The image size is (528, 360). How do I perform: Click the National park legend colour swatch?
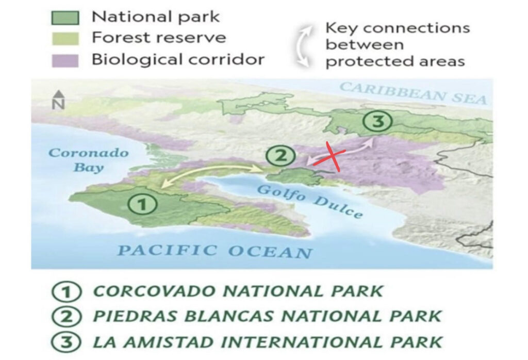click(x=65, y=18)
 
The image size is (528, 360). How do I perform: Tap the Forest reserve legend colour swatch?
click(x=65, y=39)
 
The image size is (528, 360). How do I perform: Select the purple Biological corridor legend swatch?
click(x=65, y=61)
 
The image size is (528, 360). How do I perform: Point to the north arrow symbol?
click(x=59, y=100)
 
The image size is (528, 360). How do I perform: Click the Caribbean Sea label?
click(x=413, y=93)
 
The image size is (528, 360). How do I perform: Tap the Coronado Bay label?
click(x=89, y=159)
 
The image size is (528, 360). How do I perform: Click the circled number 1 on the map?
click(x=142, y=204)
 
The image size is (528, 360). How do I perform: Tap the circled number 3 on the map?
click(x=378, y=121)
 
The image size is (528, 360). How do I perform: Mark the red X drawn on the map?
click(x=331, y=157)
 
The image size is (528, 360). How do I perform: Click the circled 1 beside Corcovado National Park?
click(x=67, y=291)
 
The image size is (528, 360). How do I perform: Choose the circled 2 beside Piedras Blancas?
click(x=67, y=317)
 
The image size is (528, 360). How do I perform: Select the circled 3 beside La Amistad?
click(x=67, y=342)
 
